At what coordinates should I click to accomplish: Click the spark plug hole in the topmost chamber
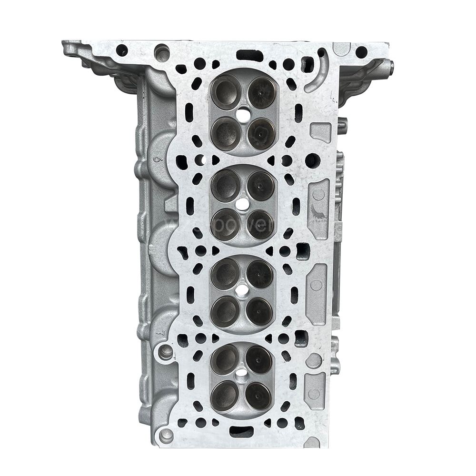pyautogui.click(x=243, y=114)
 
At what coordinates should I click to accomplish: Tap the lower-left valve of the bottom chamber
pyautogui.click(x=226, y=395)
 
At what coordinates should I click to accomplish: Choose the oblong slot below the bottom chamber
pyautogui.click(x=241, y=432)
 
